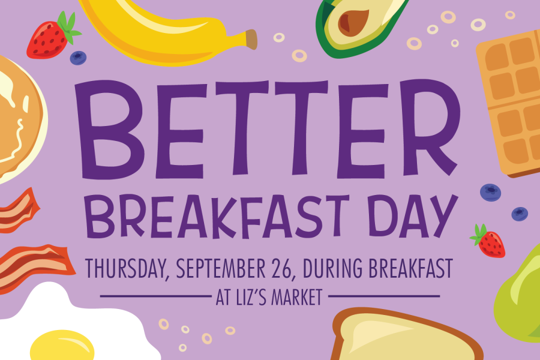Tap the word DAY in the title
pyautogui.click(x=412, y=217)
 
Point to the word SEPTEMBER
pyautogui.click(x=221, y=268)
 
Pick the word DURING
pyautogui.click(x=332, y=268)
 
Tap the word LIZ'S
pyautogui.click(x=251, y=298)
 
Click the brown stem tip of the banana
pyautogui.click(x=251, y=39)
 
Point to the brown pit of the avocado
pyautogui.click(x=353, y=22)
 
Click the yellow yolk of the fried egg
pyautogui.click(x=62, y=346)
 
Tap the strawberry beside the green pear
pyautogui.click(x=489, y=241)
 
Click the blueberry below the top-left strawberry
pyautogui.click(x=78, y=58)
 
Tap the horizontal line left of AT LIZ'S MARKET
pyautogui.click(x=155, y=296)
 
